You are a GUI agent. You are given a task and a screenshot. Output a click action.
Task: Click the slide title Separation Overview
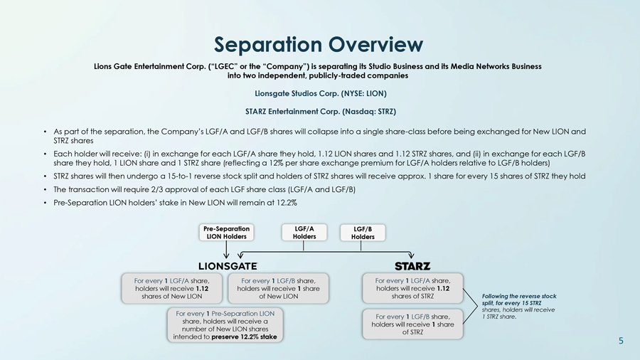tap(319, 44)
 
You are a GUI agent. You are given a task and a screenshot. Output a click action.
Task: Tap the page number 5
tap(621, 342)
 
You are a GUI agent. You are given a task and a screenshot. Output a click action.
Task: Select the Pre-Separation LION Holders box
tap(225, 233)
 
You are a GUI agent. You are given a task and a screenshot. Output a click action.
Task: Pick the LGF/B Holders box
tap(362, 233)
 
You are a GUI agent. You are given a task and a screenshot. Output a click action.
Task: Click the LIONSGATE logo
tap(228, 266)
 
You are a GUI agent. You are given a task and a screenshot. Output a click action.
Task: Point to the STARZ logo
tap(412, 266)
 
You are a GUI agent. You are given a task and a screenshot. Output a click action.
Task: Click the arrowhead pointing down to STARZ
tap(412, 256)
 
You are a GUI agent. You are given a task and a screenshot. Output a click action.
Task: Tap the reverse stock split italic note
tap(518, 306)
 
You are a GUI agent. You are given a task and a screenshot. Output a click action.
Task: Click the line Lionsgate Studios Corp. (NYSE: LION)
tap(320, 93)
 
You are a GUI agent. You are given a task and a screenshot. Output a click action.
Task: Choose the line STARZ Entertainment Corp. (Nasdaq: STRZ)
tap(320, 112)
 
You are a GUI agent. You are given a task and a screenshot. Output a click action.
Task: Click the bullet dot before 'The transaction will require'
tap(45, 189)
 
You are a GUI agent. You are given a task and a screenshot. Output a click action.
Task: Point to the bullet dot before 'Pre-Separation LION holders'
tap(45, 203)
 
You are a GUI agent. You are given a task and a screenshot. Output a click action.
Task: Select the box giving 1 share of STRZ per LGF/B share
tap(412, 324)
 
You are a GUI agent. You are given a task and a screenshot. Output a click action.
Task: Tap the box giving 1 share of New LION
tap(278, 289)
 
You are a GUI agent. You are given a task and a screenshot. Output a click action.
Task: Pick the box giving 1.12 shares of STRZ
tap(412, 288)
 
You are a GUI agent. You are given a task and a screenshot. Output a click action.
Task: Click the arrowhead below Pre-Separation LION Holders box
tap(226, 256)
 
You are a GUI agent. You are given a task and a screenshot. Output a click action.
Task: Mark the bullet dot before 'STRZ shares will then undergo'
tap(45, 176)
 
